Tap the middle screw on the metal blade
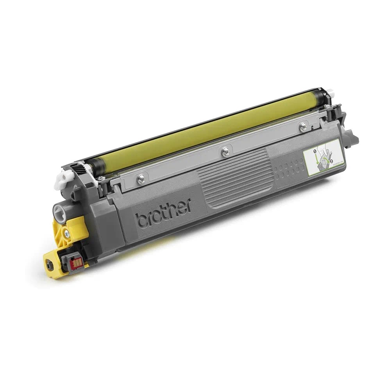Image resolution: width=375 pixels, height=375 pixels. [225, 152]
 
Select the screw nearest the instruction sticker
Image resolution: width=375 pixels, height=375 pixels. [303, 126]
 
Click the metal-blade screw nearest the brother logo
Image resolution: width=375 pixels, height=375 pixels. [141, 179]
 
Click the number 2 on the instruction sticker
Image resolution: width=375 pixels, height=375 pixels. [331, 161]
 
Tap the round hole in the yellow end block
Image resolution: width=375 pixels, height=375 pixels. [49, 264]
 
